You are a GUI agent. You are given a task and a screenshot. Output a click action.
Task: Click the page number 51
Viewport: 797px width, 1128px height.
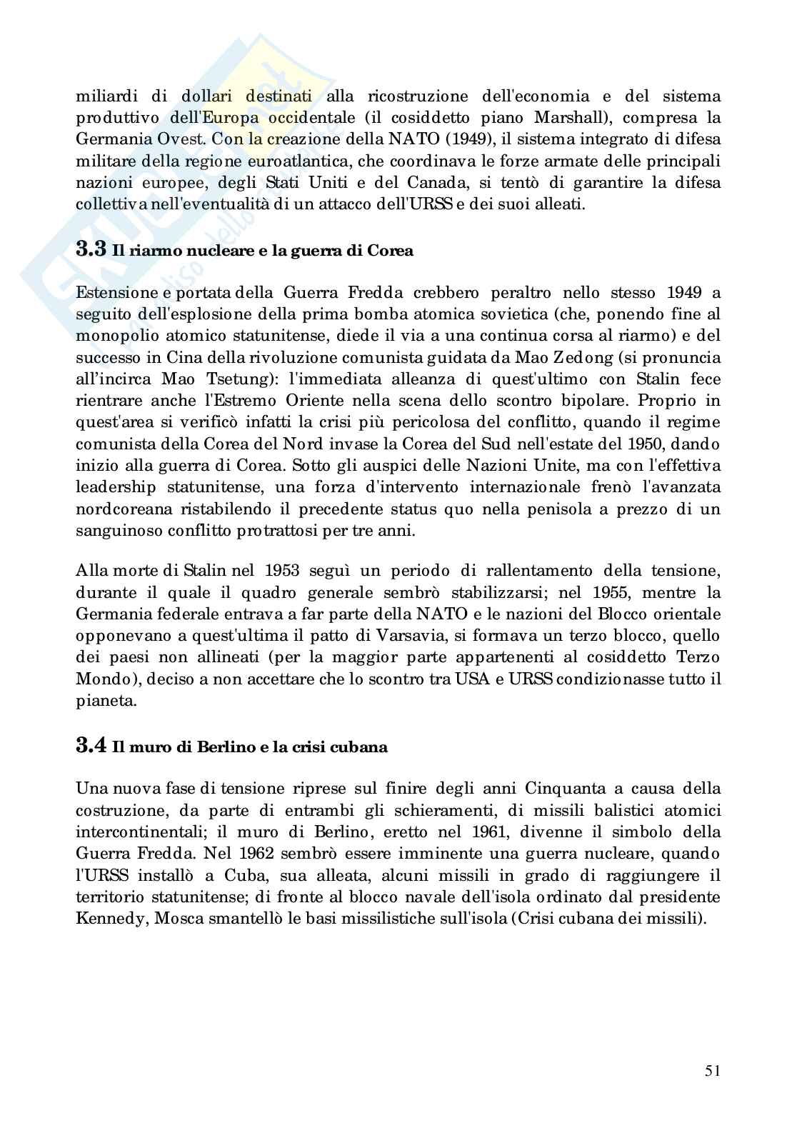(x=711, y=1071)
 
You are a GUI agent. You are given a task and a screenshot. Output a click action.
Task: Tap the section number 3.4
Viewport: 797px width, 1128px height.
(x=91, y=746)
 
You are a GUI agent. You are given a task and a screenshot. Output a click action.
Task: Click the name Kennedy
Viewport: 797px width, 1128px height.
(x=107, y=917)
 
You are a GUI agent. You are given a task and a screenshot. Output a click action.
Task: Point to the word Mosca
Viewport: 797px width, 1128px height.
(x=176, y=917)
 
